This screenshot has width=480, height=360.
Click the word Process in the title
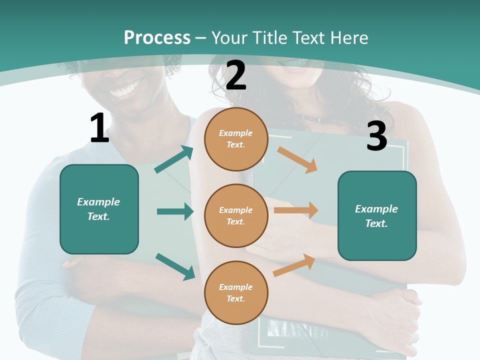pos(157,38)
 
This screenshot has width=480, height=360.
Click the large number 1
pos(100,127)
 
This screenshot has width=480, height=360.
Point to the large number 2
pos(235,75)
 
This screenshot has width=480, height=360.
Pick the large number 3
pos(377,135)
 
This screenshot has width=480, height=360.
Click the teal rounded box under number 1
pos(99,209)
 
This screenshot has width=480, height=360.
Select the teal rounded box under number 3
pos(377,216)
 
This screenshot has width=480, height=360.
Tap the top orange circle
pos(236,139)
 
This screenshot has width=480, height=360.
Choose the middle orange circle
pos(236,216)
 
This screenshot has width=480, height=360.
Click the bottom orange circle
pos(236,292)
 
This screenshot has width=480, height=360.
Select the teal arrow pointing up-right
pos(174,159)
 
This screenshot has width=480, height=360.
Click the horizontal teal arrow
pos(175,211)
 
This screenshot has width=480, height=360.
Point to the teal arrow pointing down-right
pos(175,266)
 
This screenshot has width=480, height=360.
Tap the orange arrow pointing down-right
pos(297,160)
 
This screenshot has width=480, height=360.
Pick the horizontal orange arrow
pos(296,210)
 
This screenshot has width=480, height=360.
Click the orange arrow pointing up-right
pos(294,265)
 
